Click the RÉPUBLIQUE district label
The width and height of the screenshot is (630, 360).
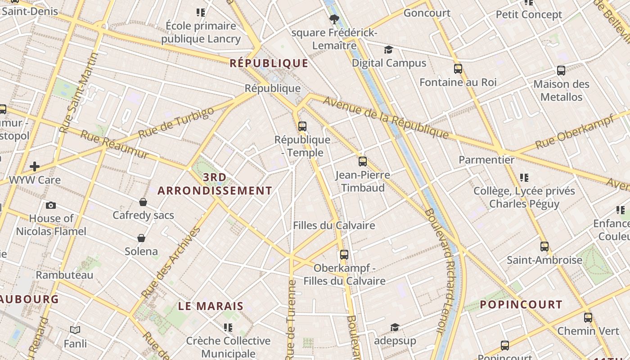[x=269, y=63]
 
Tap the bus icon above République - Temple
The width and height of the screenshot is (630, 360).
[x=302, y=126]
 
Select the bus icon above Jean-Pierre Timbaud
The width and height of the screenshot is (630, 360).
[x=363, y=162]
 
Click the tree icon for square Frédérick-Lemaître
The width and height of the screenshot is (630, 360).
[x=334, y=19]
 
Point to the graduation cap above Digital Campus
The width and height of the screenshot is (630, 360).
[x=388, y=50]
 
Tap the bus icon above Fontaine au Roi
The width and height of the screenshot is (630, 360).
[x=458, y=69]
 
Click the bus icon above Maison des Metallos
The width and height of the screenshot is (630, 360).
[x=561, y=71]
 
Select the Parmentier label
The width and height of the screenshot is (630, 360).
[x=486, y=160]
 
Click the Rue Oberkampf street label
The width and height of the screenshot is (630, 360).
[x=575, y=133]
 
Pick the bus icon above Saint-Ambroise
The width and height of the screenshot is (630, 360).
[x=544, y=247]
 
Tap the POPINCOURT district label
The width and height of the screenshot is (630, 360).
[x=521, y=305]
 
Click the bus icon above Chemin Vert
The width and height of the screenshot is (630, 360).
[x=588, y=318]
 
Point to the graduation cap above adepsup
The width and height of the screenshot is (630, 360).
[x=395, y=327]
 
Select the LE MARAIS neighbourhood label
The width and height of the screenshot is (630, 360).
[x=211, y=306]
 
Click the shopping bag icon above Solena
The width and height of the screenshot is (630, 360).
[x=141, y=238]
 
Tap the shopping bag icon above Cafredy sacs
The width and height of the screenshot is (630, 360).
[x=143, y=202]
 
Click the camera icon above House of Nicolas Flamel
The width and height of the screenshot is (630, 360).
[x=51, y=205]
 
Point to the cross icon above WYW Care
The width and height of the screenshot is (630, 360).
[x=35, y=166]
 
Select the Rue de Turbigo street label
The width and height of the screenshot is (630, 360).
[x=176, y=123]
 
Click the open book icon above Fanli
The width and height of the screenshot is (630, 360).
[x=75, y=330]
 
